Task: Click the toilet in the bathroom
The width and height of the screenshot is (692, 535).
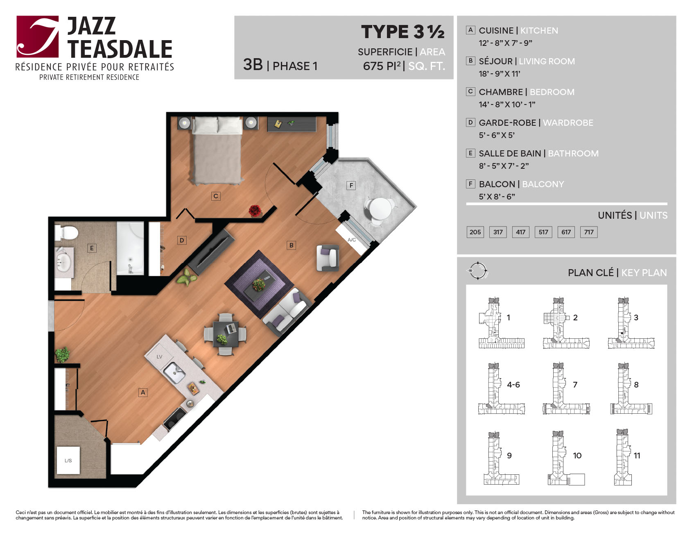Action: tap(66, 233)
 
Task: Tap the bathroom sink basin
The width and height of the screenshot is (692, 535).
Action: tap(63, 262)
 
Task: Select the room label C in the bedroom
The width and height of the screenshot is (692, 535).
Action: tap(216, 196)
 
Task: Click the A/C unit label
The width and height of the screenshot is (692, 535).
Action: tap(352, 240)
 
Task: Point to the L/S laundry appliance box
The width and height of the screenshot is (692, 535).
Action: tap(68, 460)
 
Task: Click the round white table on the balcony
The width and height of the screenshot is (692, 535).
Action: tap(380, 209)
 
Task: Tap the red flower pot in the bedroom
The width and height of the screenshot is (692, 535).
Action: tap(255, 211)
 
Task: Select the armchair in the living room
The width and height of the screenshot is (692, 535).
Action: tap(328, 258)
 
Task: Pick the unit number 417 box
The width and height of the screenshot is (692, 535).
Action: tap(521, 232)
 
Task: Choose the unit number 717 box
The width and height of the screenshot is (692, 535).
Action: tap(589, 232)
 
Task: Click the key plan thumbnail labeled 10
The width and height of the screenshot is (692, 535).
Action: tap(566, 458)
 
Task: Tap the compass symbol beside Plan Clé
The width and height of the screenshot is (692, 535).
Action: tap(477, 271)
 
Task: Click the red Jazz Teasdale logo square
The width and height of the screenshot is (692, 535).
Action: tap(38, 36)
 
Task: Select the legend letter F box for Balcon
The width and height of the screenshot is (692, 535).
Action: tap(470, 184)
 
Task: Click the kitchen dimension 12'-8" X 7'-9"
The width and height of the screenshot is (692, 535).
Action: tap(505, 43)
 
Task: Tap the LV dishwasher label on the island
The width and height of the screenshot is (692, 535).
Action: tap(160, 357)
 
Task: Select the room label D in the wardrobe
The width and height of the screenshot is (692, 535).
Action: tap(182, 240)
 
